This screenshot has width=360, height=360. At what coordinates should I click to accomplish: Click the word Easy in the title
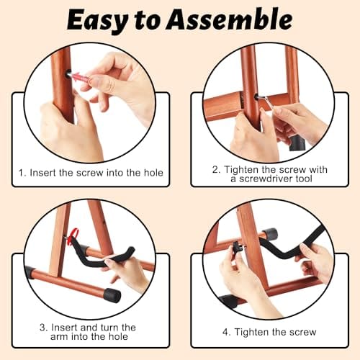pos(99,21)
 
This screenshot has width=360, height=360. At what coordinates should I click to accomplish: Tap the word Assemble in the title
pos(229,19)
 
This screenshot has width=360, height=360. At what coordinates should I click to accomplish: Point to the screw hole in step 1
pos(68,73)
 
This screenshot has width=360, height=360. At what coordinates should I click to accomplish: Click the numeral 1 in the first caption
pos(22,173)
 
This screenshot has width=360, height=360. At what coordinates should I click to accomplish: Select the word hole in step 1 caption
pos(153,173)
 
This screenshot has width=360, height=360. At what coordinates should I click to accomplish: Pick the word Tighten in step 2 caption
pos(242,170)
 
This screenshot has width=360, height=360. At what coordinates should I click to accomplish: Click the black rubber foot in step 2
pos(297,143)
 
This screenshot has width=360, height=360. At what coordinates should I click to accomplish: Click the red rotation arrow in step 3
pos(73,236)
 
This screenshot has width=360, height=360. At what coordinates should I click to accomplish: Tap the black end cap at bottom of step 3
pos(112,296)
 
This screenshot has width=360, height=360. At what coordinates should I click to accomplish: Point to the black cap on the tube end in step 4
pos(271,233)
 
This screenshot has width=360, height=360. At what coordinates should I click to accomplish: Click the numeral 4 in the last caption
pos(225,333)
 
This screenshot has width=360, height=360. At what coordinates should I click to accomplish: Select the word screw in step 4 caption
pos(302,333)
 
